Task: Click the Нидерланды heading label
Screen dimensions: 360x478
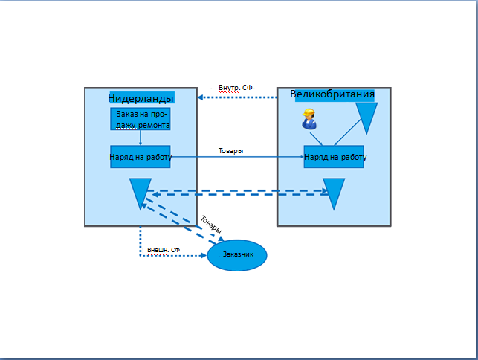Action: tap(141, 98)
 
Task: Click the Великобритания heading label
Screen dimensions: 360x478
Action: tap(332, 94)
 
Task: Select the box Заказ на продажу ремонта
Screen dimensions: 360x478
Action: tap(140, 119)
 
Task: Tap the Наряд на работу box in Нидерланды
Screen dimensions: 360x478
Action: tap(141, 157)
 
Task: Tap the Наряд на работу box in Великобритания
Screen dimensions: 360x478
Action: tap(334, 157)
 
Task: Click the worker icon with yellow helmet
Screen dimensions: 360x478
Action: tap(309, 119)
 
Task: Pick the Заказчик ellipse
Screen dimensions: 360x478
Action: tap(237, 255)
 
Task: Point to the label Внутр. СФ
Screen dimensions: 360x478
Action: tap(235, 88)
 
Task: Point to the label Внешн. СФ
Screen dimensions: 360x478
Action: tap(163, 250)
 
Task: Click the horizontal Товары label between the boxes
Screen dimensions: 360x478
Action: tap(230, 151)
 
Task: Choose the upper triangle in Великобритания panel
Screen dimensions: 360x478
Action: tap(367, 117)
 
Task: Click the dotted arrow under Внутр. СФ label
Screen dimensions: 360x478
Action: tap(238, 97)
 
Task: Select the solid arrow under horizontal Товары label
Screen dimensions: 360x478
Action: tap(238, 157)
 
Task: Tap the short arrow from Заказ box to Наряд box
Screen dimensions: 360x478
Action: tap(141, 138)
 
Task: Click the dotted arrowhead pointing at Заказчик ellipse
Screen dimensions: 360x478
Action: tap(204, 256)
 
